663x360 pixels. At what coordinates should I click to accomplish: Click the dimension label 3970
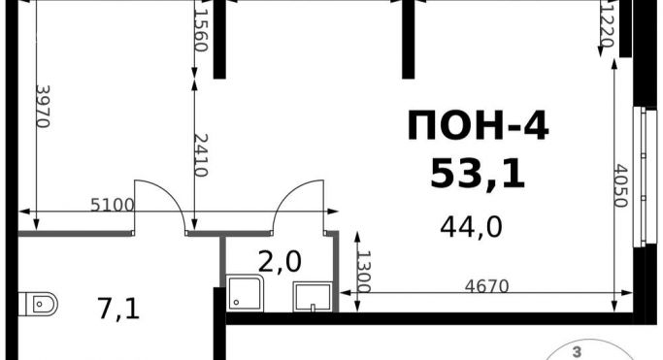[x=43, y=107]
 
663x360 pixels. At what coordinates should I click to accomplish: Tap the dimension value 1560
[x=200, y=30]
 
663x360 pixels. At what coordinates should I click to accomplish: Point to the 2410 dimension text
[x=200, y=155]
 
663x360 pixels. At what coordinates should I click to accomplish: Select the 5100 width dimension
[x=113, y=206]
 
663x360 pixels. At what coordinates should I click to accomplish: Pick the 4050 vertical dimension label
[x=620, y=186]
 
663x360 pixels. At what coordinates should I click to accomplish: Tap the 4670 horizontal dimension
[x=486, y=286]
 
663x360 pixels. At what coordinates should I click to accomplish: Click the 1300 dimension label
[x=364, y=272]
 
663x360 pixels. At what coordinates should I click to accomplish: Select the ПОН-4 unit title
[x=478, y=125]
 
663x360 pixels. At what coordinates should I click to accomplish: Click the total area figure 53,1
[x=478, y=175]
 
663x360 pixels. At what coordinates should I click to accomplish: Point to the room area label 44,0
[x=471, y=227]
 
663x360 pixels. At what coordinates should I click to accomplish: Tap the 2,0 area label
[x=280, y=262]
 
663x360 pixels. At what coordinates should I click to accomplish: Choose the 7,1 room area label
[x=118, y=309]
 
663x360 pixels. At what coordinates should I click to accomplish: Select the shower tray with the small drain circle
[x=245, y=293]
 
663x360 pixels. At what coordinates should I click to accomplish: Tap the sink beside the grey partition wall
[x=313, y=298]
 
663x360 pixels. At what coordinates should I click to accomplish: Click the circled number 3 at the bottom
[x=576, y=352]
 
